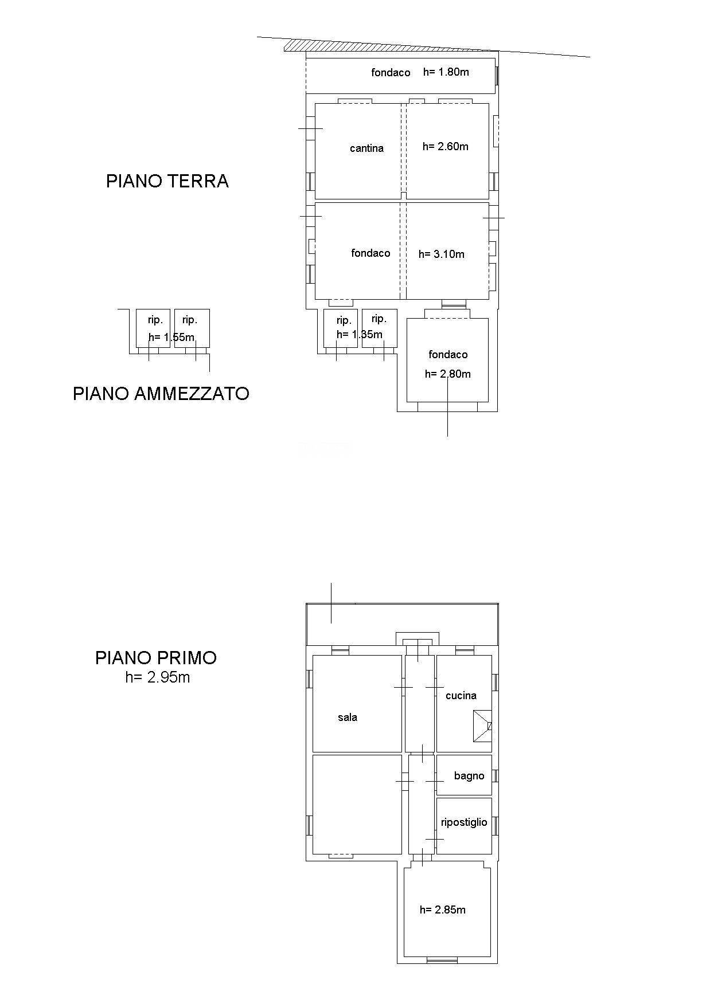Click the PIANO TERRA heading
click(x=167, y=181)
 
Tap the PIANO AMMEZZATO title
click(x=161, y=394)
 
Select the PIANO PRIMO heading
click(x=156, y=657)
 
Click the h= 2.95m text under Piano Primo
click(x=157, y=677)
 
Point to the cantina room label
click(x=366, y=148)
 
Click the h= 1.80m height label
click(x=446, y=72)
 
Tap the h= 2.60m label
click(x=445, y=147)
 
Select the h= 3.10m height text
click(x=441, y=254)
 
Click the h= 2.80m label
click(x=447, y=374)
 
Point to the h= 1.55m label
click(x=171, y=337)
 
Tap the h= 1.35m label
click(x=359, y=335)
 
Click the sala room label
click(x=348, y=718)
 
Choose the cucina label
click(x=461, y=696)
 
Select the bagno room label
click(x=469, y=776)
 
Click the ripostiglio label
click(x=463, y=822)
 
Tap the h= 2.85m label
click(x=442, y=910)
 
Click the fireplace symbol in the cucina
click(x=482, y=726)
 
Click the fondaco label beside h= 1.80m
click(x=391, y=73)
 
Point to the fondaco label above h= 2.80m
click(x=448, y=355)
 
